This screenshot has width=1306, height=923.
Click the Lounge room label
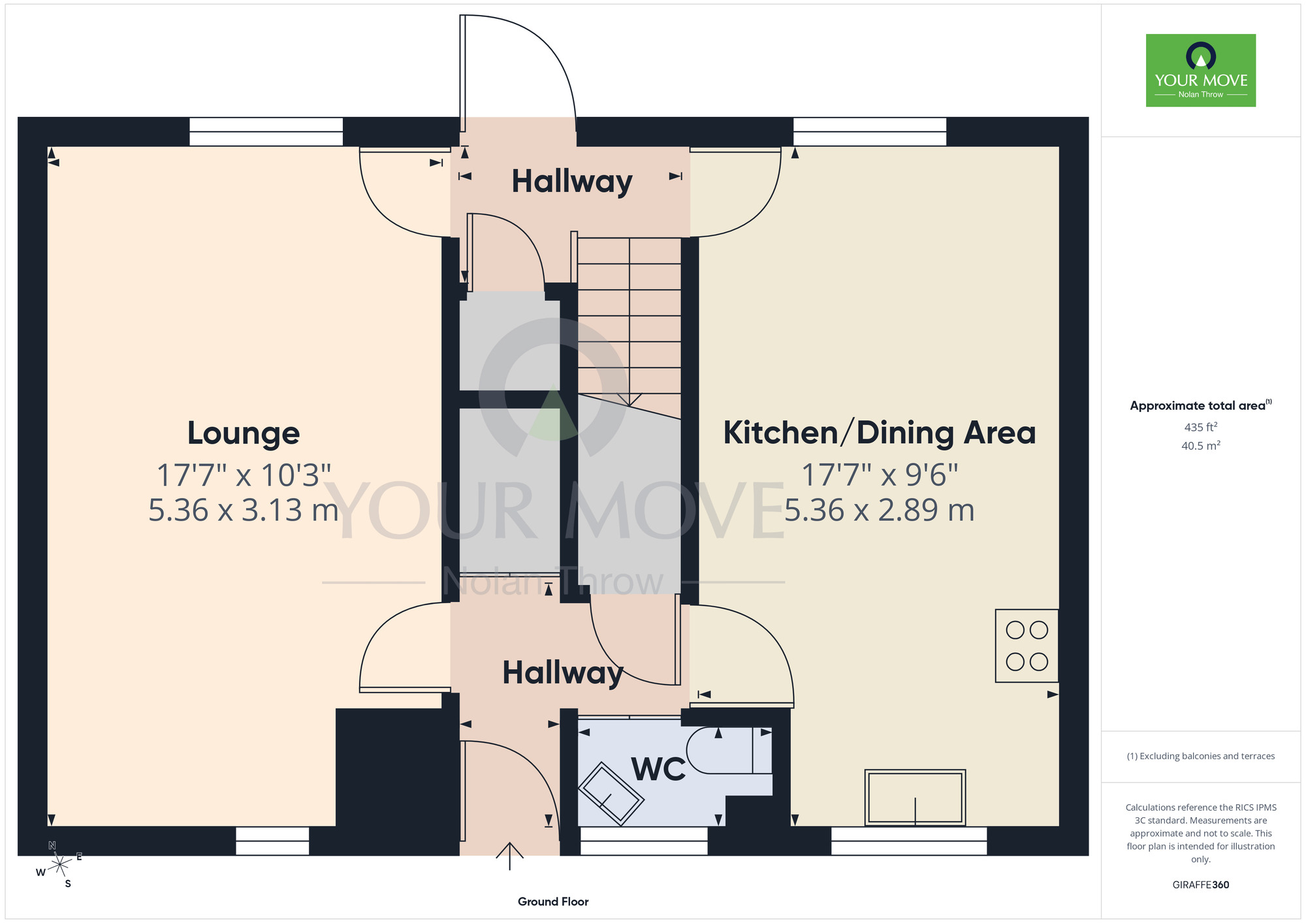244,433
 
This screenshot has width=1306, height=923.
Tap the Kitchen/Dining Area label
880,433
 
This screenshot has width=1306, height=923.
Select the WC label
658,770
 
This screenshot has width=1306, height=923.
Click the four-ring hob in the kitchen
1027,646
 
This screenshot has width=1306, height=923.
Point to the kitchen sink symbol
915,798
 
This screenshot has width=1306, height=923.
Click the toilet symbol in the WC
729,751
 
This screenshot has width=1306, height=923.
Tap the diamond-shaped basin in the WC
611,794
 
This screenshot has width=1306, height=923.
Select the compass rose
59,865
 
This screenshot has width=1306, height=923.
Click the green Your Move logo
1201,70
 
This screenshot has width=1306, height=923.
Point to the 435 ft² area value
1201,428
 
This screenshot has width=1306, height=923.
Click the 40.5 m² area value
1201,446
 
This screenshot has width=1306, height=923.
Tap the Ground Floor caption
553,901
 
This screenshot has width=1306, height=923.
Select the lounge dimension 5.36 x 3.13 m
243,510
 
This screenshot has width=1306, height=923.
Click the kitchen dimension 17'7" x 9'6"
880,475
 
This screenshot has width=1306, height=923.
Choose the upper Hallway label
572,181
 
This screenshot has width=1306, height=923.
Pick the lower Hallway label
563,673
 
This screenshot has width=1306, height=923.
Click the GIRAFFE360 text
1201,885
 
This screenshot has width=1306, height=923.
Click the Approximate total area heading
1201,405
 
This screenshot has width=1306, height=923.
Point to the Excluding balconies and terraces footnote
1201,757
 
